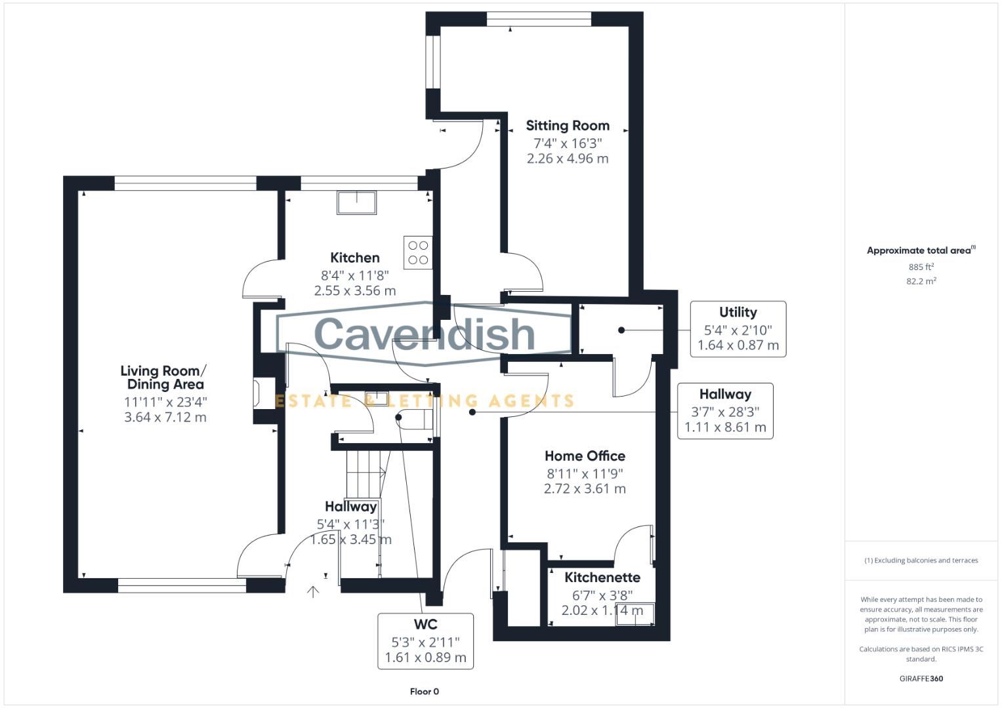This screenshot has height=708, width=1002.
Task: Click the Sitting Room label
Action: coord(568,125)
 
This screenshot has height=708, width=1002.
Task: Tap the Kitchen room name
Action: coord(354,258)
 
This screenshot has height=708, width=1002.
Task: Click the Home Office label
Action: coord(585,456)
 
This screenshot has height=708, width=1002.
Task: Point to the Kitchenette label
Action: coord(602,578)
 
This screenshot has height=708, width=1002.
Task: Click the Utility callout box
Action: coord(738,329)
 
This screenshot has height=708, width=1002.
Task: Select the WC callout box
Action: coord(425,641)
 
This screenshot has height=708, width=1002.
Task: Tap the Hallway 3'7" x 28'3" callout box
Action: coord(725,411)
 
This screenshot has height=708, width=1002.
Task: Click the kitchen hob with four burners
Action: coord(418,252)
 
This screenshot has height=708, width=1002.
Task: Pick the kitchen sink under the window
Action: coord(357,203)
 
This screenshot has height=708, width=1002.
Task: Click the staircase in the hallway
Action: coord(364,472)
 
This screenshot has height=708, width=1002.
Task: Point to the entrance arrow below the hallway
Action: coord(313,592)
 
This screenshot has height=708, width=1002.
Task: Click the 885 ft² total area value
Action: coord(921,267)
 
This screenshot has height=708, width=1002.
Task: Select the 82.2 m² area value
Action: coord(921,281)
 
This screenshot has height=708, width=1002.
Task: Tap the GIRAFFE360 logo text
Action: coord(921,678)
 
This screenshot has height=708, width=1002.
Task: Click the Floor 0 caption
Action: coord(424,692)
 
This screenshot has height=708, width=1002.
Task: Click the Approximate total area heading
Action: coord(920,250)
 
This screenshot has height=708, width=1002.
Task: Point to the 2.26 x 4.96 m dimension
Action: coord(568,159)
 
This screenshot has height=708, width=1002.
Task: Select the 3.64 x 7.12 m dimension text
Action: coord(165,418)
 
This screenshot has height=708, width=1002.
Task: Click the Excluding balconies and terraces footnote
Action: coord(921,560)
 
